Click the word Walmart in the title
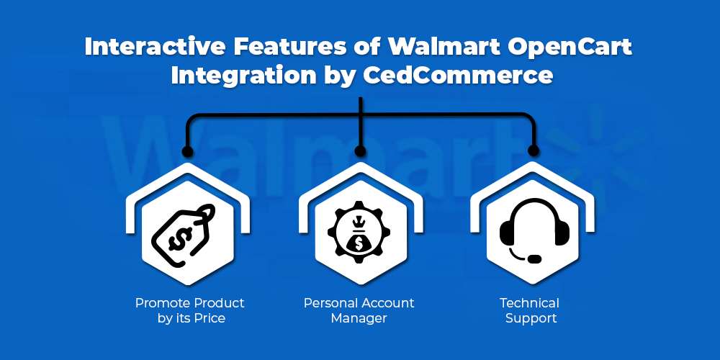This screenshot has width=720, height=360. tap(445, 48)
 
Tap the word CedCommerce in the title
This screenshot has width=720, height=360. tap(458, 76)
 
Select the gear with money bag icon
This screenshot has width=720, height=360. tap(359, 232)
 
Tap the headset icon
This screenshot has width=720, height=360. tap(534, 230)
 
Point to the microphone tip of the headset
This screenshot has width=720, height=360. tap(534, 259)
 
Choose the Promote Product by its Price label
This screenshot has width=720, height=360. tap(190, 310)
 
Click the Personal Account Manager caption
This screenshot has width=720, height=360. tap(359, 310)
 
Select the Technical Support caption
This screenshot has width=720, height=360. tap(530, 310)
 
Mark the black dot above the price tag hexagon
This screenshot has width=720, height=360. tap(187, 151)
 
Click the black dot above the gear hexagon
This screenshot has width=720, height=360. tap(361, 151)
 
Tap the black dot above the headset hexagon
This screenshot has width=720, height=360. tap(533, 150)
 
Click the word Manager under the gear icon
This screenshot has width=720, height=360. tap(359, 318)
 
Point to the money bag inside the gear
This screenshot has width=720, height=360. tap(359, 236)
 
